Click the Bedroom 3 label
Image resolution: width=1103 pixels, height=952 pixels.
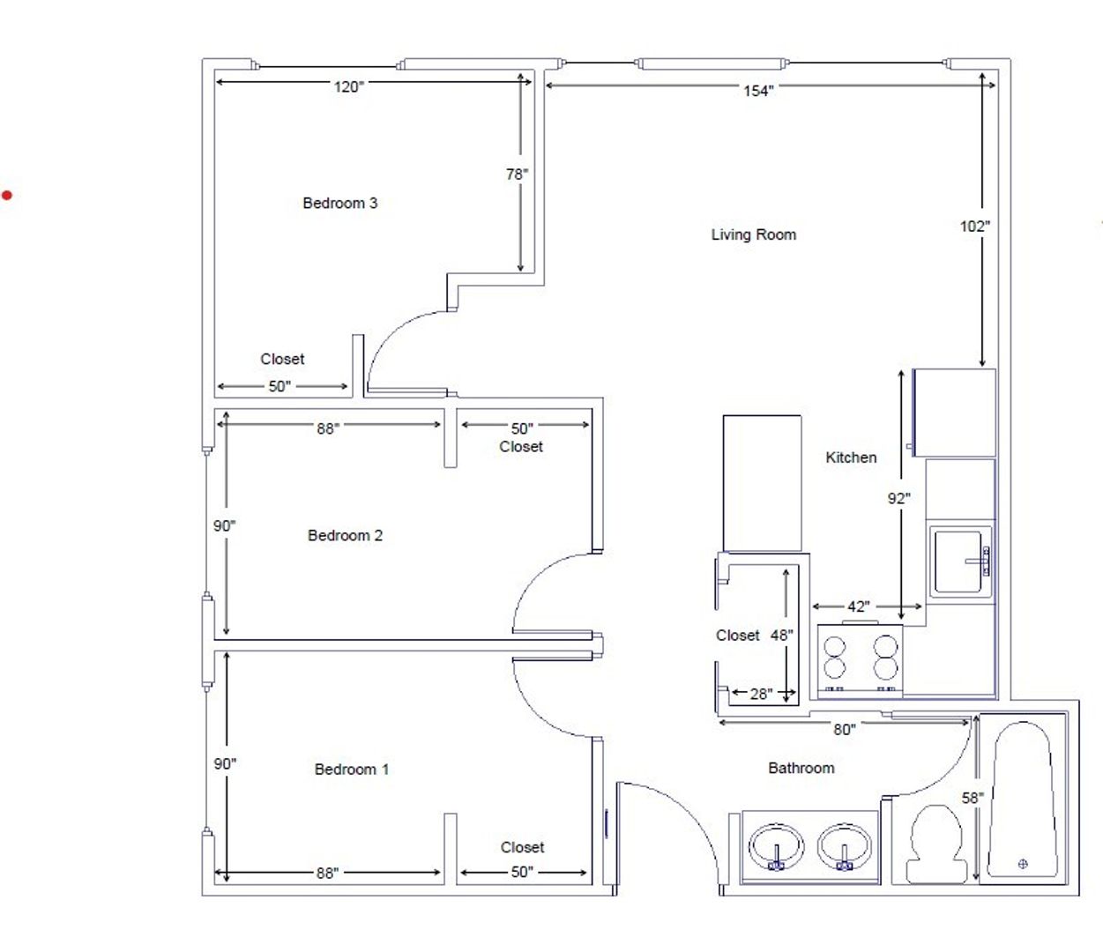(340, 203)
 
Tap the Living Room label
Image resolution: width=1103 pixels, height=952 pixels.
(754, 234)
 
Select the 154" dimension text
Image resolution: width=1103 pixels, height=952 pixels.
(758, 91)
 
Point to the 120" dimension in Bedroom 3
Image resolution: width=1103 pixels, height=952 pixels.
(348, 86)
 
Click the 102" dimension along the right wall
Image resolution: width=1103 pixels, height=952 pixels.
(974, 227)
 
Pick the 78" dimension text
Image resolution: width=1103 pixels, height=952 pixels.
(517, 174)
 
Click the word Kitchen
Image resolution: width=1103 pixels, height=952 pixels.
(851, 457)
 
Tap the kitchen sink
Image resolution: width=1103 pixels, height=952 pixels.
(961, 562)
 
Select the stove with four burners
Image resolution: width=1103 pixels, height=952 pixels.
(860, 659)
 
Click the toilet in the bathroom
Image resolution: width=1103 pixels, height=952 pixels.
(937, 844)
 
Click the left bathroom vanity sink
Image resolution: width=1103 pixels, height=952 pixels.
(776, 847)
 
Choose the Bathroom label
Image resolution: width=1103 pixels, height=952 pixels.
(801, 768)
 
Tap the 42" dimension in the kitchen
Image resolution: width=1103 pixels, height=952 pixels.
(859, 606)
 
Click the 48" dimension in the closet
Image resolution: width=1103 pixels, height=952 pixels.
(782, 635)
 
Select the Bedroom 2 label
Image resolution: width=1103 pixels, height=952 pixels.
(346, 535)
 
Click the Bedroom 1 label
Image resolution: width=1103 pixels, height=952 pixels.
(352, 769)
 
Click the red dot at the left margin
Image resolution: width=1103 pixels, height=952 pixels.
(6, 196)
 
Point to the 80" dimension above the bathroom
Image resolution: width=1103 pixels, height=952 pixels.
(844, 729)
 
